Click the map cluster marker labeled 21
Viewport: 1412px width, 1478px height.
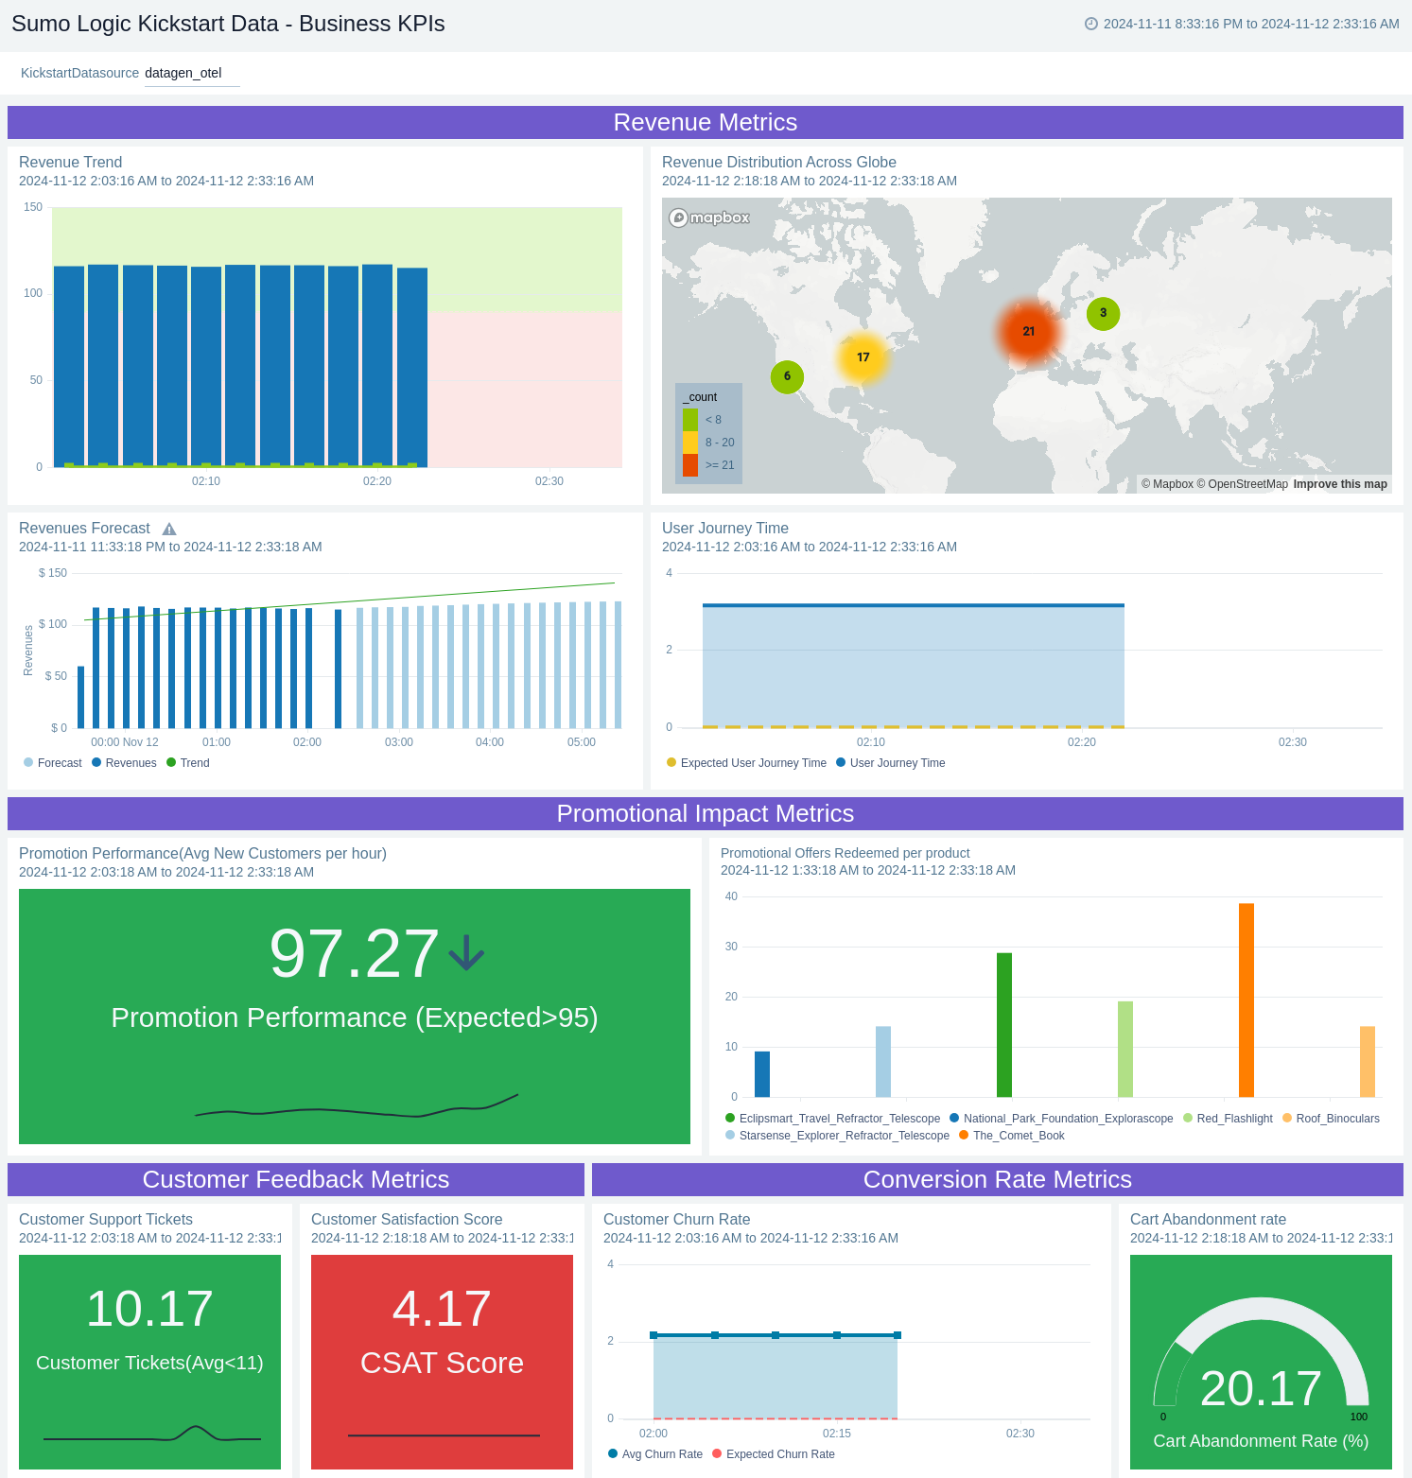click(x=1028, y=332)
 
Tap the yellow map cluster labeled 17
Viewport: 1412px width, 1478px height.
click(x=863, y=357)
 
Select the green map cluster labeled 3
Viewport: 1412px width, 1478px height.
click(x=1103, y=313)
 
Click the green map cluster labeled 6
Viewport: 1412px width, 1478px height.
click(x=787, y=376)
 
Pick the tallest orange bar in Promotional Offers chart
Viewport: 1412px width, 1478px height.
click(x=1246, y=1000)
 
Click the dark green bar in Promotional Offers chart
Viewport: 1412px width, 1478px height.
click(x=1004, y=1024)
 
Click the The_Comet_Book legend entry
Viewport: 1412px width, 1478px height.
click(x=1018, y=1136)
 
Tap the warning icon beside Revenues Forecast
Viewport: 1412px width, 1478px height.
click(x=169, y=530)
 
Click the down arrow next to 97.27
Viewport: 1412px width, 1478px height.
click(x=466, y=953)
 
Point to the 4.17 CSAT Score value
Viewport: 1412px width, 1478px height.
click(x=442, y=1309)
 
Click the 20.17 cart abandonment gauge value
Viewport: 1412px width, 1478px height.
click(x=1261, y=1388)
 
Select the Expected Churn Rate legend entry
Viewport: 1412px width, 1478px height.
click(x=779, y=1454)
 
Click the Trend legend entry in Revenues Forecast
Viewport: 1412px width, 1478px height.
click(x=194, y=763)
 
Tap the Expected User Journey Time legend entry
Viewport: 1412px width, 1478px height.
click(x=753, y=763)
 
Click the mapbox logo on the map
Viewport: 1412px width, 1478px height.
click(x=709, y=218)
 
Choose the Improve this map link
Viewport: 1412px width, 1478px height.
click(x=1340, y=484)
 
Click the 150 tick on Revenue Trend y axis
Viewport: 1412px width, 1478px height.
click(x=33, y=207)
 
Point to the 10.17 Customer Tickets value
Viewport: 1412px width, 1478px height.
click(x=149, y=1309)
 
